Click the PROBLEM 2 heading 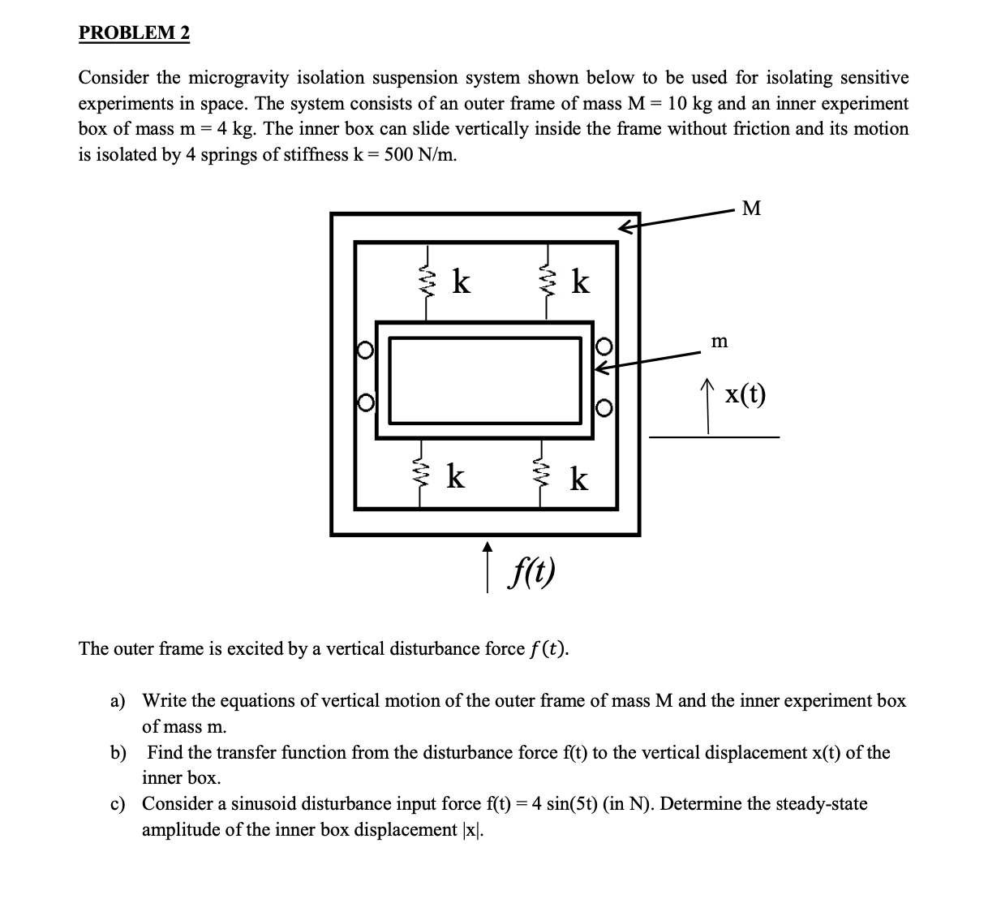134,33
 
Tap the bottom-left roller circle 366,402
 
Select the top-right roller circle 603,346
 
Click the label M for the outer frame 752,209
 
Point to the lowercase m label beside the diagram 719,342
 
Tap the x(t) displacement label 745,394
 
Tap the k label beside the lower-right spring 578,480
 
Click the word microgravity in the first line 239,78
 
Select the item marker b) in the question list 118,752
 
